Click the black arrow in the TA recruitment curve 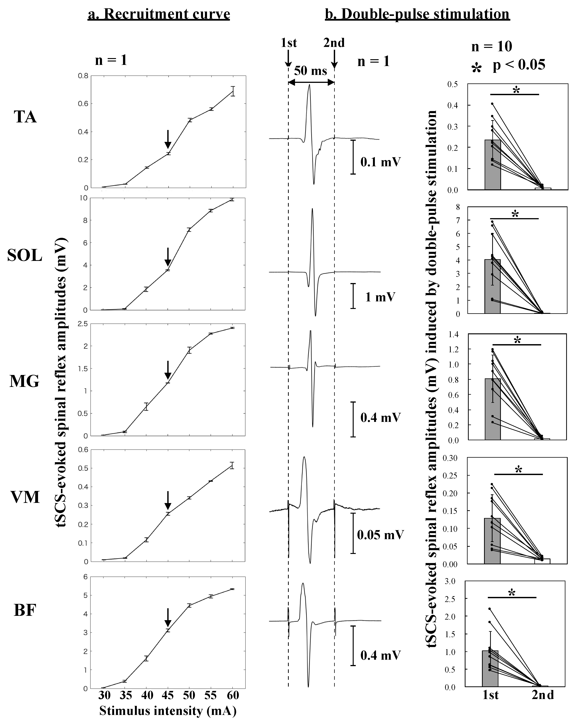coord(168,139)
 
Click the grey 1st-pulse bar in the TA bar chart coord(493,165)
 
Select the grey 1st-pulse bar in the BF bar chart coord(490,666)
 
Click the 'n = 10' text coord(491,47)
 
